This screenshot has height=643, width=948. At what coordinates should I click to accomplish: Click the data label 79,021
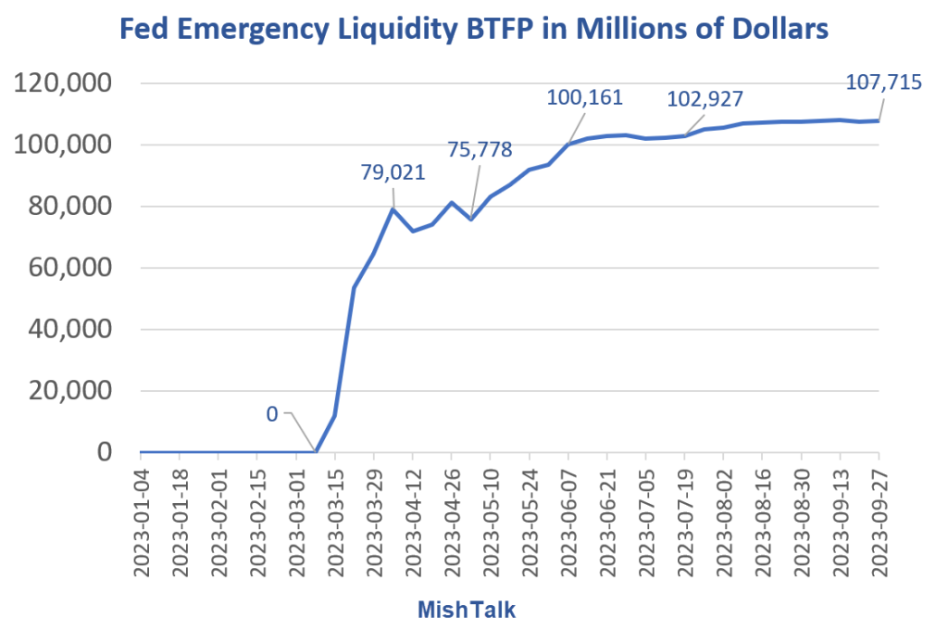[x=393, y=172]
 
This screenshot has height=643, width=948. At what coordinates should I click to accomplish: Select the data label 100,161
[x=585, y=98]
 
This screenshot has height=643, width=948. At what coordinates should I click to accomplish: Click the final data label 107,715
[x=884, y=82]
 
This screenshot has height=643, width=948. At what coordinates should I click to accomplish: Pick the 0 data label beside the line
[x=272, y=414]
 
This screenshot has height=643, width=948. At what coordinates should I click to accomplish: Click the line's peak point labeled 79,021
[x=393, y=208]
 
